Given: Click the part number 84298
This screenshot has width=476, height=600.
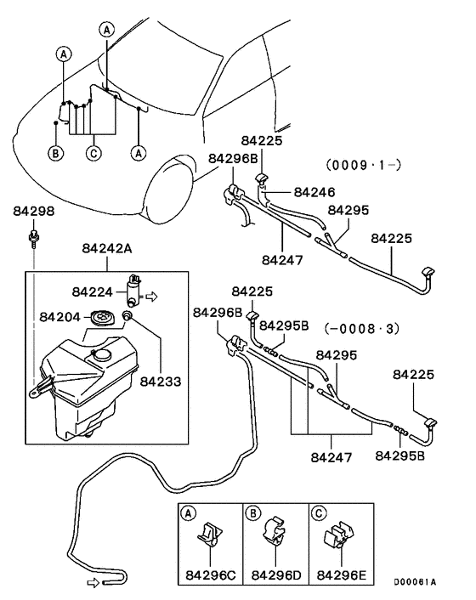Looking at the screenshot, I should pyautogui.click(x=33, y=210).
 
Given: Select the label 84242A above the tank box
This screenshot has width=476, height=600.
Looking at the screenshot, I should pyautogui.click(x=109, y=248).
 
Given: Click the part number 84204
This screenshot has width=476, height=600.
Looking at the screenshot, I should pyautogui.click(x=59, y=317).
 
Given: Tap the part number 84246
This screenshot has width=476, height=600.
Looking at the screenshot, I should pyautogui.click(x=314, y=192).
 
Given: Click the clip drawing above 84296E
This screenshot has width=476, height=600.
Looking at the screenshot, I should pyautogui.click(x=338, y=539).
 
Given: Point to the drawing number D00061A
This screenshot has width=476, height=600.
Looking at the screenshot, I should pyautogui.click(x=414, y=582).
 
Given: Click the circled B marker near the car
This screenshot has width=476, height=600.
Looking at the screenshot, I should pyautogui.click(x=55, y=154).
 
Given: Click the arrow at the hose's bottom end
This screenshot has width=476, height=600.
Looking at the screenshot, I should pyautogui.click(x=93, y=582).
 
